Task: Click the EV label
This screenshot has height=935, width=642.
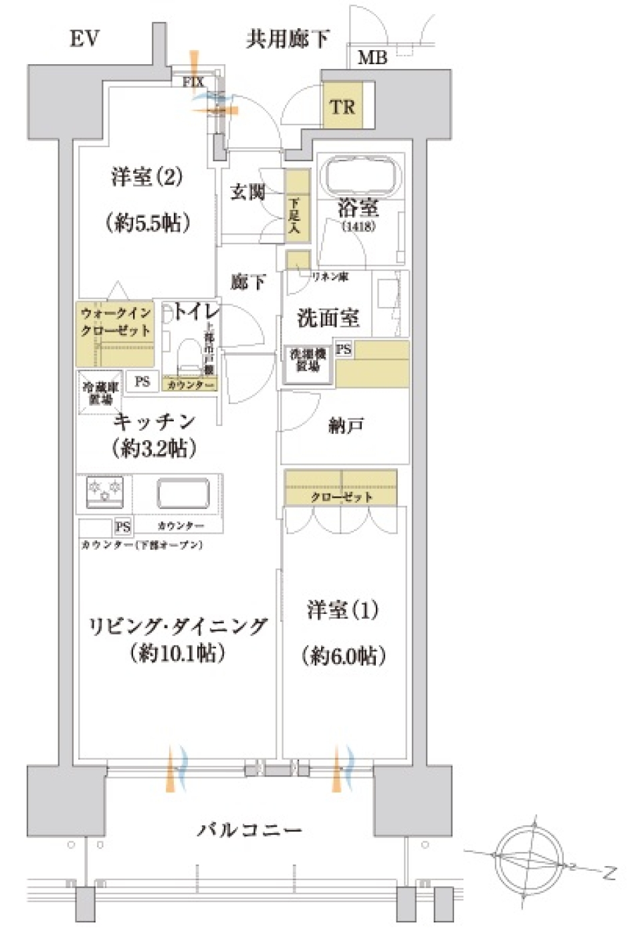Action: coord(84,39)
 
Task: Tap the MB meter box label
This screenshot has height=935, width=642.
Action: coord(372,58)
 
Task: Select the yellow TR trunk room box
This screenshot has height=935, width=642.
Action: coord(342,106)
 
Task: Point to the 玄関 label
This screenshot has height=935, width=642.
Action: coord(248,193)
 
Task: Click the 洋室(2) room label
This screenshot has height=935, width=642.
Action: coord(146,177)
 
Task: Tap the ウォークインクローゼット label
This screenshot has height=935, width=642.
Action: coord(116,322)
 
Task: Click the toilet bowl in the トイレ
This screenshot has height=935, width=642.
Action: coord(191,355)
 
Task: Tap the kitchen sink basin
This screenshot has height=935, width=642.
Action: coord(183,494)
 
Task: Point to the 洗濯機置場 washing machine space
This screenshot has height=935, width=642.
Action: coord(308,361)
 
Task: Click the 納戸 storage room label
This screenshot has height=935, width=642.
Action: coord(346,425)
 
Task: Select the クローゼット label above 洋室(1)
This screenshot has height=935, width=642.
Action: coord(341,497)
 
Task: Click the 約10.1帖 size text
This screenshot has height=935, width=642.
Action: coord(177,653)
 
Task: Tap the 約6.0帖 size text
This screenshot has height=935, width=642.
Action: coord(344,656)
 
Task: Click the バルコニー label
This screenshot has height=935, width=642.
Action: coord(249,831)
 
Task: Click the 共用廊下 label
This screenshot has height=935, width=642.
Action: coord(288,39)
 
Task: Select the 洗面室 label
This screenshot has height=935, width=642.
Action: coord(328,318)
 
